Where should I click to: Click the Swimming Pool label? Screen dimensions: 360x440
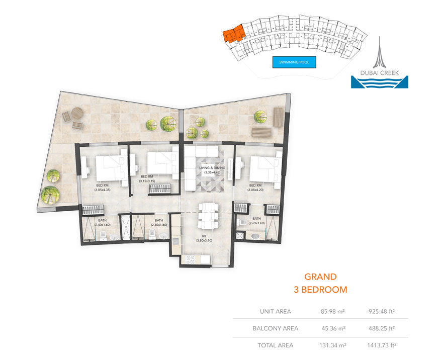click(x=294, y=62)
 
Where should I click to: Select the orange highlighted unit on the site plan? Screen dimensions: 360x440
click(x=232, y=36)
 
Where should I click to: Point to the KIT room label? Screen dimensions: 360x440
click(x=204, y=235)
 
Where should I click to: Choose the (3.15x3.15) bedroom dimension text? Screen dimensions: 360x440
click(x=147, y=181)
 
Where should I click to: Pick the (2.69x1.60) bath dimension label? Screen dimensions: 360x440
click(x=256, y=223)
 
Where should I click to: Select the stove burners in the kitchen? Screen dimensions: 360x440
click(x=191, y=259)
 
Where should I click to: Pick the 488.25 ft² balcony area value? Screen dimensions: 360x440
click(x=381, y=328)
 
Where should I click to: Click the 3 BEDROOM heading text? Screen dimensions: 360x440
click(x=320, y=290)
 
